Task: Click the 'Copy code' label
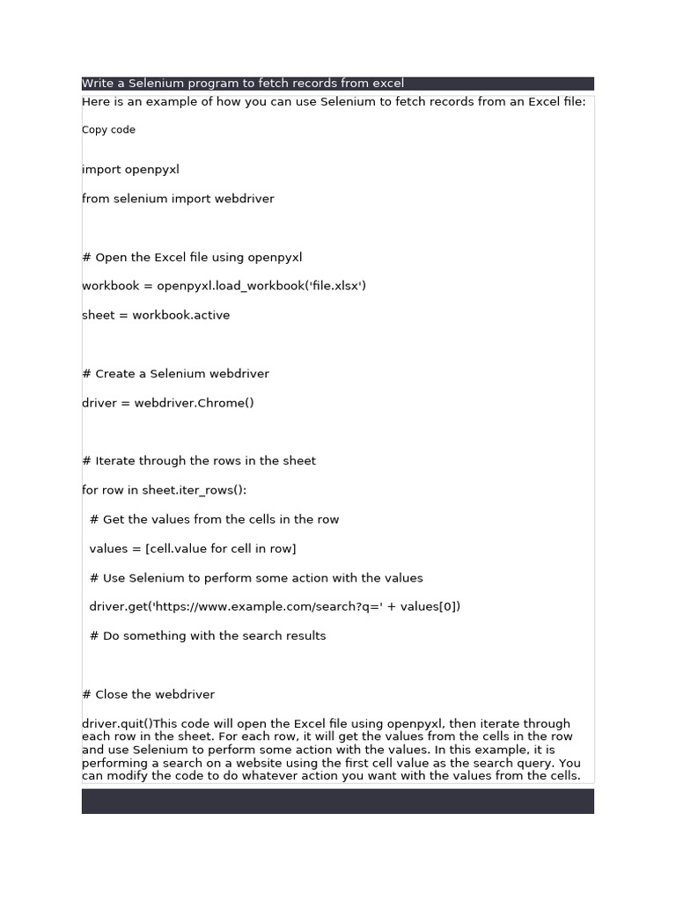coord(108,130)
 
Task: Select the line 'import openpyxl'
coord(130,169)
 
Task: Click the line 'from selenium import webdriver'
coord(178,199)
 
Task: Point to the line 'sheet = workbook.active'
coord(156,315)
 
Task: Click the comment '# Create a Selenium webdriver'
coord(175,374)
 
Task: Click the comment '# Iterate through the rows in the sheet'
coord(199,461)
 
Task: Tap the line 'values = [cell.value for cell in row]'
coord(193,549)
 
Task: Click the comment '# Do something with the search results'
coord(208,635)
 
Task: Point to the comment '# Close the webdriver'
coord(148,694)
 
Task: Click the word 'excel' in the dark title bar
coord(388,84)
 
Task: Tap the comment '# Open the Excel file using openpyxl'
coord(192,257)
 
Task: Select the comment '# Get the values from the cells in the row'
coord(214,519)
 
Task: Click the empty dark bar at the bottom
coord(337,801)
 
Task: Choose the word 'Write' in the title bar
coord(98,84)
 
